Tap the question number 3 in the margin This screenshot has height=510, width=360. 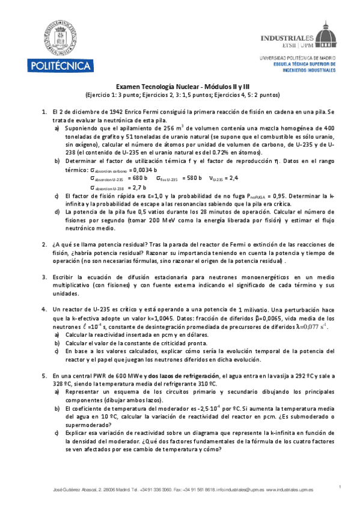click(x=44, y=277)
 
